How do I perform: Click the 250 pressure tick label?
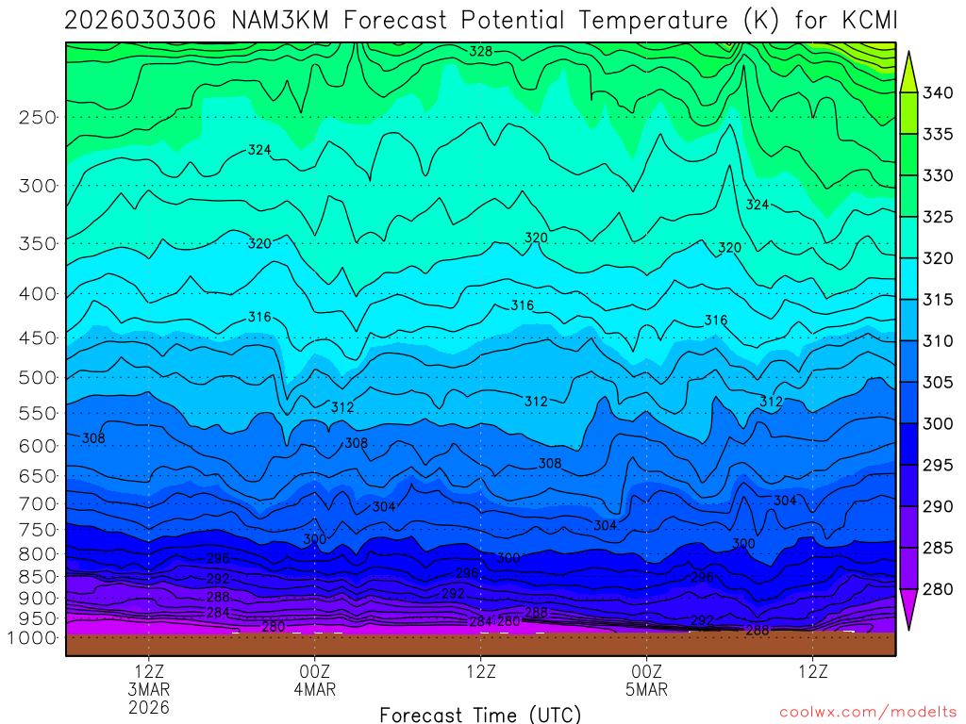38,118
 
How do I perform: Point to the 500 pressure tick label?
38,378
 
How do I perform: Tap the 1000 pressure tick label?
32,638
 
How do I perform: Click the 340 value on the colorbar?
938,92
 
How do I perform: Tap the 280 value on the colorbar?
938,590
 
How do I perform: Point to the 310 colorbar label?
938,341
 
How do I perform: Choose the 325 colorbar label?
938,217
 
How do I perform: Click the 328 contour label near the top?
481,52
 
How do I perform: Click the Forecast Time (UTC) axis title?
480,714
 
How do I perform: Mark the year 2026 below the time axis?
150,706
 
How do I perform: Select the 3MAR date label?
150,689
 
